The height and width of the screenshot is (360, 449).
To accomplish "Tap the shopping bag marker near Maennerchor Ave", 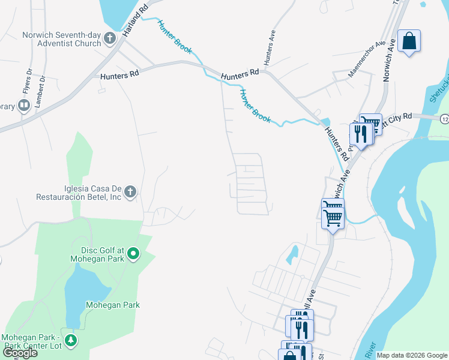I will tap(409, 41).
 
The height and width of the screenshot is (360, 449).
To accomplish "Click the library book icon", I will tap(24, 106).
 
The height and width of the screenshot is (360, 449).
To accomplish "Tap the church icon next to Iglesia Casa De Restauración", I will tap(130, 193).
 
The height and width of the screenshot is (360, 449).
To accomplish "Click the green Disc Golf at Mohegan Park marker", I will tap(134, 254).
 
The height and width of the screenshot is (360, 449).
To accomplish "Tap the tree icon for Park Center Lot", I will tap(71, 341).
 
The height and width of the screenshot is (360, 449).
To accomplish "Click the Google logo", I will tap(19, 353).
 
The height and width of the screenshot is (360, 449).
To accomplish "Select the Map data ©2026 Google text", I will tap(412, 355).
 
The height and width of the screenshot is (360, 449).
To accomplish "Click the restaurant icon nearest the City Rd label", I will tap(360, 134).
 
